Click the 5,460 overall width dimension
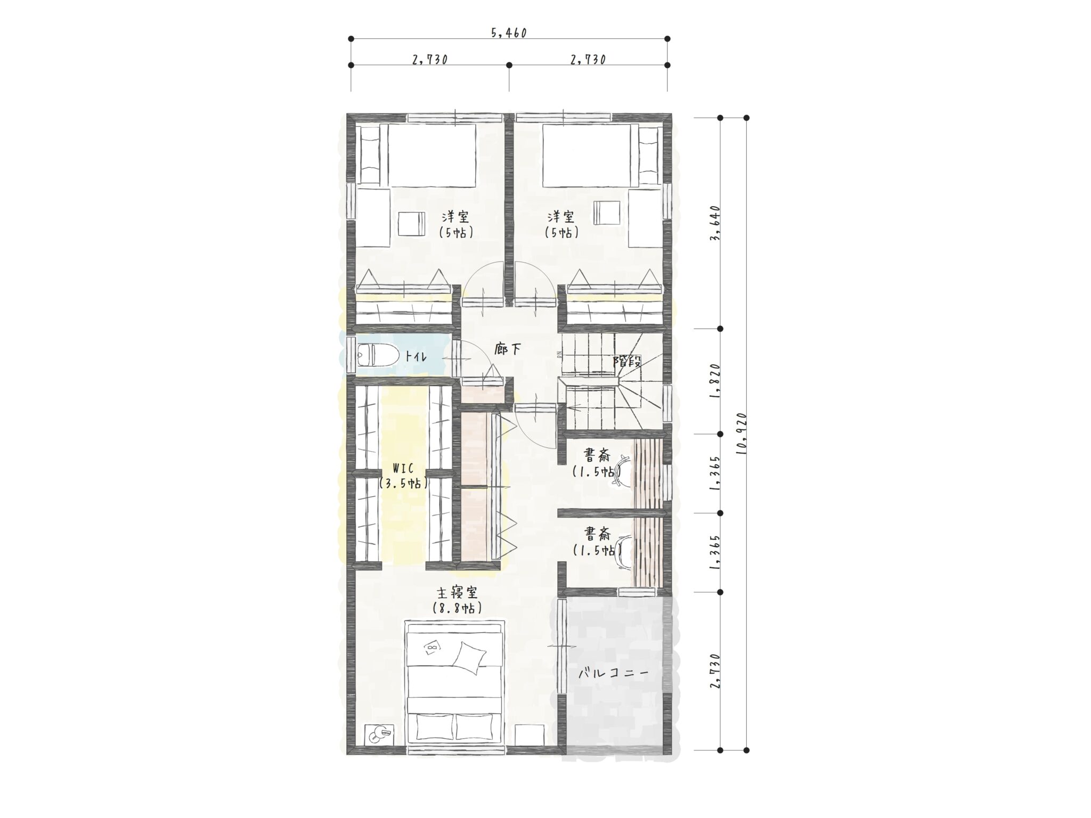point(509,33)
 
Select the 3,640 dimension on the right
point(716,223)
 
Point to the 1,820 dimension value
point(716,381)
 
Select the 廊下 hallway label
point(507,349)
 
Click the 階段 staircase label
point(626,362)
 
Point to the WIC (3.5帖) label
point(403,476)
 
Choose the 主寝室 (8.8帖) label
point(457,600)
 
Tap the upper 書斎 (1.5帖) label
point(597,463)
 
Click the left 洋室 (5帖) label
point(456,224)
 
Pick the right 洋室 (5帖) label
point(561,224)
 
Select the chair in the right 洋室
point(607,214)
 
